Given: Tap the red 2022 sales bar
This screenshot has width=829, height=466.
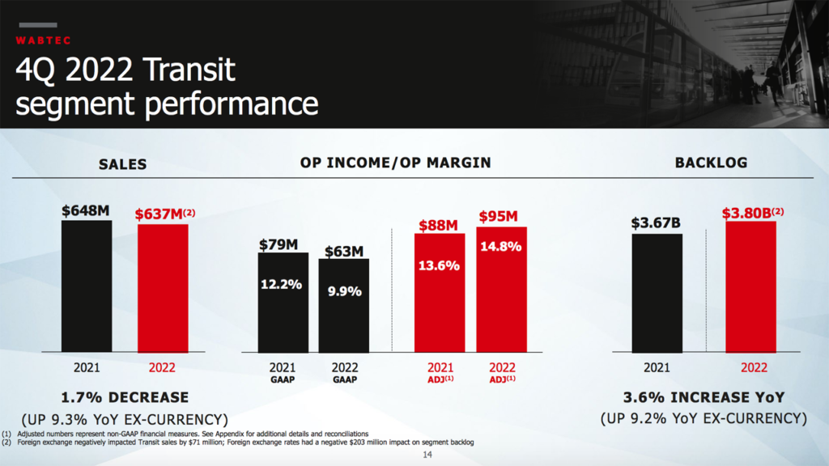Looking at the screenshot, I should (163, 288).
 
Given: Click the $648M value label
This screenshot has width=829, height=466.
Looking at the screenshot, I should (85, 211).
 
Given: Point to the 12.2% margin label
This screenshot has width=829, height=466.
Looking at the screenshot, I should (281, 284).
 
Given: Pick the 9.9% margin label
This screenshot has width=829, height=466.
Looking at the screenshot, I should (344, 292).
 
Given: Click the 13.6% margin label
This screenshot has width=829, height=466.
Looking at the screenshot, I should (439, 265).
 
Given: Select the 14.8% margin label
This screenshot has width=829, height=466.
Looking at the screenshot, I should (500, 248).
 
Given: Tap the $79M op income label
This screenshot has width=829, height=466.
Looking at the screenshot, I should (279, 244).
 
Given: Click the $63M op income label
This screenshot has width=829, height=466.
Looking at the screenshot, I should (344, 252).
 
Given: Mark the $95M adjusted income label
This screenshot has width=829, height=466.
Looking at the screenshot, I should (499, 217).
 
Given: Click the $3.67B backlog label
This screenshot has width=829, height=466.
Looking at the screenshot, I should (657, 223).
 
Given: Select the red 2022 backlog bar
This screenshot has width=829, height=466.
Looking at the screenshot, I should (751, 286).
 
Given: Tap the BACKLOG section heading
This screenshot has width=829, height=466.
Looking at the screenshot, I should (711, 163).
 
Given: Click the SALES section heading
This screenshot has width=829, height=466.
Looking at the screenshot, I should (123, 164).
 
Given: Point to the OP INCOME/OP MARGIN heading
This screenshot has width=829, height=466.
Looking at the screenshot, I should (395, 163).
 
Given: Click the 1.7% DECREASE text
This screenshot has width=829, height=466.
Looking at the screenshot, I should (125, 397).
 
